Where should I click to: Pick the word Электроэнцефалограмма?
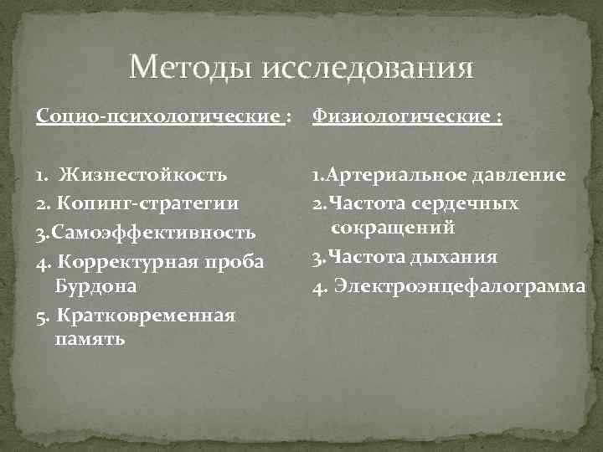click(459, 285)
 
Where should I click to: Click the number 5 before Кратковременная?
click(41, 316)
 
